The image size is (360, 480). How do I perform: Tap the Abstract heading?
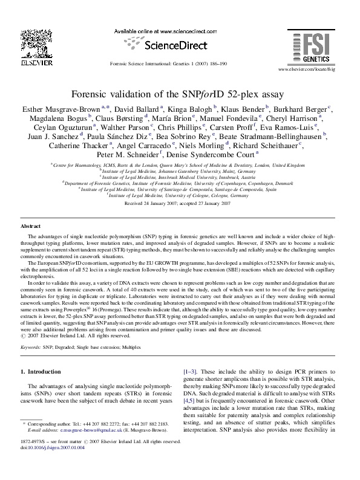tap(31, 226)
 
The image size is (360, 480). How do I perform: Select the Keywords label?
tap(31, 348)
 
